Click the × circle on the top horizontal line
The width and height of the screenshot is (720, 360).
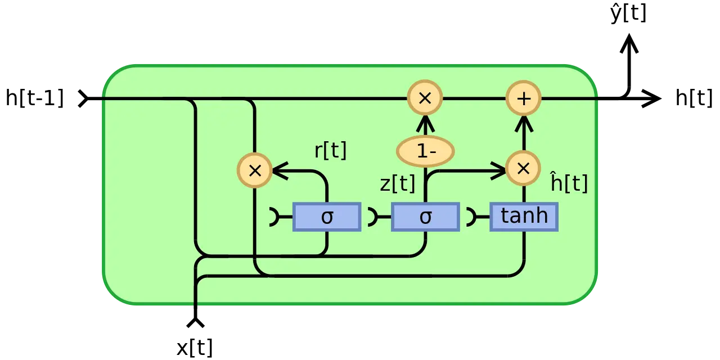425,98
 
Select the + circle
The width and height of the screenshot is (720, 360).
524,98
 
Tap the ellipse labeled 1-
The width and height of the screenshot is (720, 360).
425,151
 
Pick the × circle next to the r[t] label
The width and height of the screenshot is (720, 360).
255,170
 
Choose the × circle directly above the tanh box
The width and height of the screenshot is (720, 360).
523,169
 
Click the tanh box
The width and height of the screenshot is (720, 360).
524,217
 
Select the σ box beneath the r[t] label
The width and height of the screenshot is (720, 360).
327,217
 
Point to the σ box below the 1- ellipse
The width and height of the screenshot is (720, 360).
425,217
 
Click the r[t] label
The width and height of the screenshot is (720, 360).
330,151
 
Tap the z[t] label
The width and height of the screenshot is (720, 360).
397,183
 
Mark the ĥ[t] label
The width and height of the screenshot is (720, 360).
569,183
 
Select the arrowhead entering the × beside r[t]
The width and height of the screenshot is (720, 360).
280,170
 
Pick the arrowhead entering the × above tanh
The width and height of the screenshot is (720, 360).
498,169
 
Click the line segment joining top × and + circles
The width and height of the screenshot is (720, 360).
474,98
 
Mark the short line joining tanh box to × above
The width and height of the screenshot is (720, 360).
524,194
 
